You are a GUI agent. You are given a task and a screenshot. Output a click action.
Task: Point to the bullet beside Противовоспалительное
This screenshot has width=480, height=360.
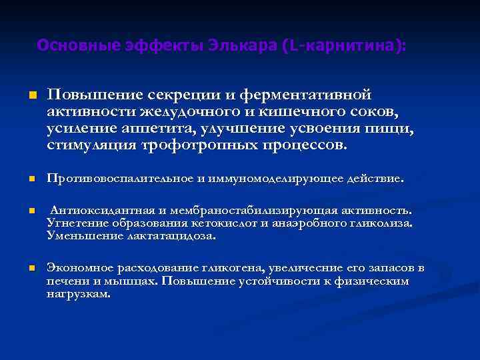(31, 179)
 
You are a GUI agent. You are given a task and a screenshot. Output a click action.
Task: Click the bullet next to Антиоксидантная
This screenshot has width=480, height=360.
(31, 210)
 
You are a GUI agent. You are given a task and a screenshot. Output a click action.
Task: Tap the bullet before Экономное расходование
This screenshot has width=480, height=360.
(31, 268)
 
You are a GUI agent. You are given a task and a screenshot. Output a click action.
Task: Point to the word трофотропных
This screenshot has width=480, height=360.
(193, 145)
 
